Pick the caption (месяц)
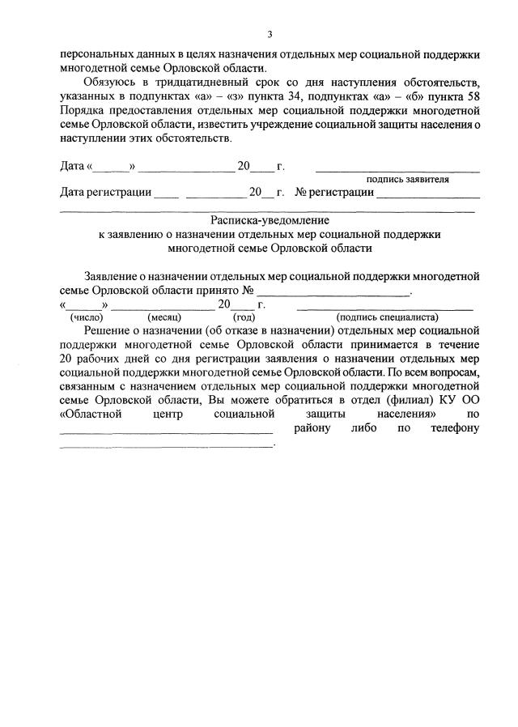point(163,317)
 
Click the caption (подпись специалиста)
point(386,317)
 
